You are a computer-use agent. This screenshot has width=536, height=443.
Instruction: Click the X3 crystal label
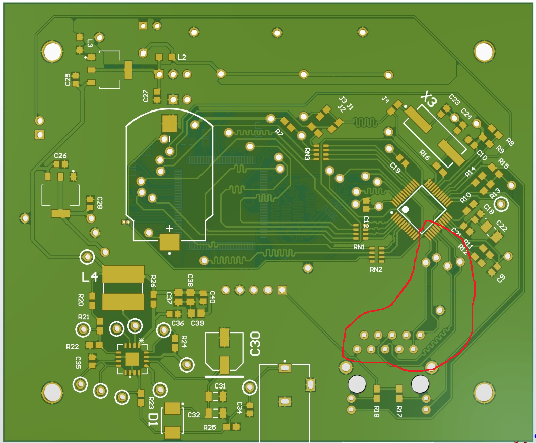pos(429,100)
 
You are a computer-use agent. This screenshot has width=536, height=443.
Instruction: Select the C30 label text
pos(255,343)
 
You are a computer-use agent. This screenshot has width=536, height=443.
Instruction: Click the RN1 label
pos(359,247)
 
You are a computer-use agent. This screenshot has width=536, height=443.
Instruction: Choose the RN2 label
pos(376,269)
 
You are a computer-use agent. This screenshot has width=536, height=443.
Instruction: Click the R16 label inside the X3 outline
pos(425,154)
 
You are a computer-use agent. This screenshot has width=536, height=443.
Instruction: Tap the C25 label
pos(68,79)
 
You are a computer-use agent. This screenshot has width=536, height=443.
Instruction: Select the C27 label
pos(146,95)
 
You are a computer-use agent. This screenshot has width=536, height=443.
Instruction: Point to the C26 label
pos(60,156)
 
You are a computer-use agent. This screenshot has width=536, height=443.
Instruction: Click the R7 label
pos(279,132)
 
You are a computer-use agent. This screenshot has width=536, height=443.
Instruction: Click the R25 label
pos(210,427)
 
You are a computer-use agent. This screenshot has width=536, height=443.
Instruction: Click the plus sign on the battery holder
pos(170,229)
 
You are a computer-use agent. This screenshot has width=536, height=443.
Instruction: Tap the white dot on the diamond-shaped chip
pos(405,209)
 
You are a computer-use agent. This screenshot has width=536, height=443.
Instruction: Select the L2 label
pos(182,58)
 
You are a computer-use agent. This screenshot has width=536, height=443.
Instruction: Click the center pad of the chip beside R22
pos(132,359)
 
